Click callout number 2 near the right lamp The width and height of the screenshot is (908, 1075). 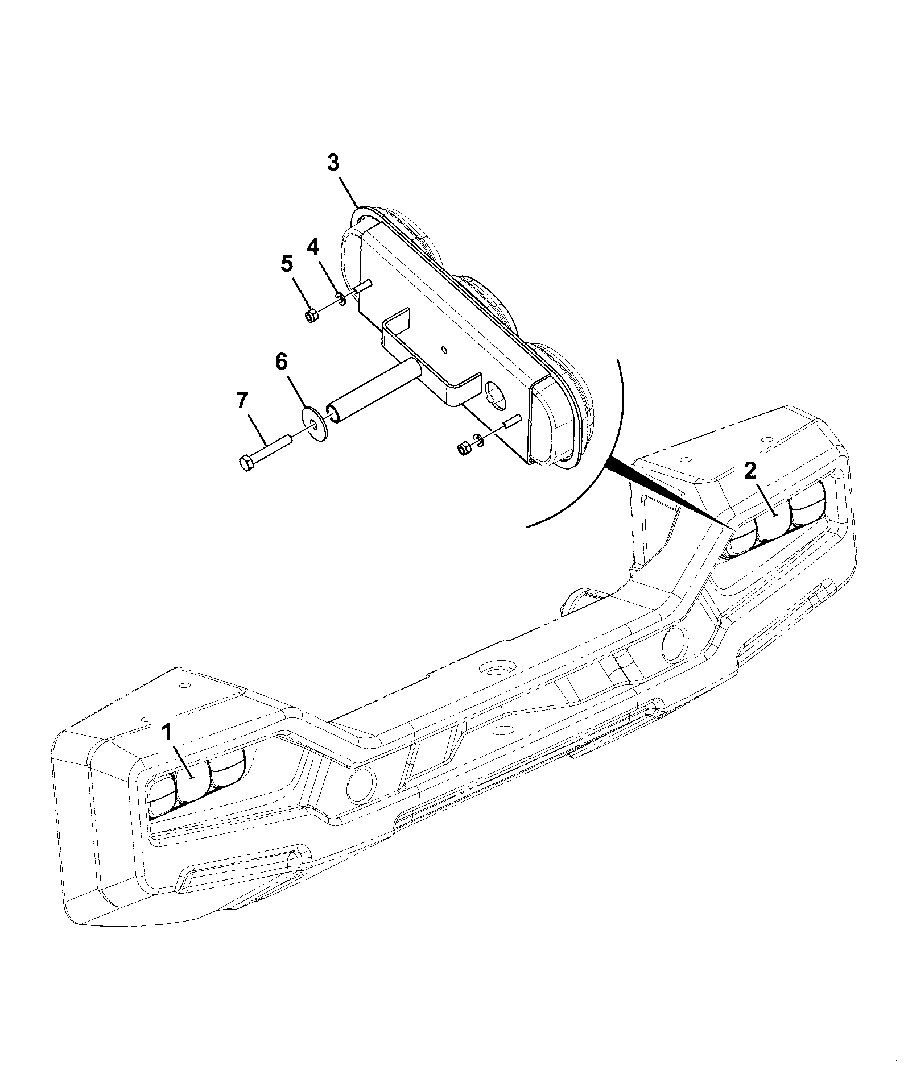pos(750,470)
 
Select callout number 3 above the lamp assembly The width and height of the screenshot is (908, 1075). pos(333,163)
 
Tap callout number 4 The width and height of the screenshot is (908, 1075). pos(313,246)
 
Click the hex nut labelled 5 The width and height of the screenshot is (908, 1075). pos(311,316)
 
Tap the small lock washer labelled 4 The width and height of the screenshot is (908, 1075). pos(340,299)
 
